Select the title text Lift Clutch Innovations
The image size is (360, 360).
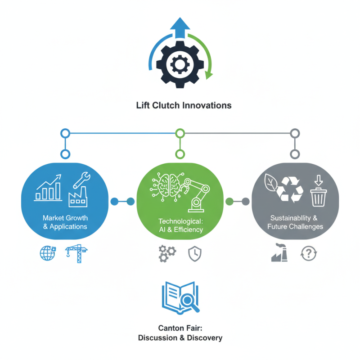[x=184, y=105]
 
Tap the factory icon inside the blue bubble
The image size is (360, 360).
[x=77, y=198]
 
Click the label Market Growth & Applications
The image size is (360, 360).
[x=65, y=222]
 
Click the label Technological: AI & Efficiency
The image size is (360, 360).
[x=180, y=225]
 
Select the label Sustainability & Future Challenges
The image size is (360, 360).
[x=295, y=222]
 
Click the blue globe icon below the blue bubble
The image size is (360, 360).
[x=47, y=254]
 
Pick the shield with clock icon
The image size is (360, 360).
[x=193, y=254]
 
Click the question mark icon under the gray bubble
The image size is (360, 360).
[x=308, y=254]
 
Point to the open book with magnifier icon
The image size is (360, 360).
[x=180, y=297]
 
